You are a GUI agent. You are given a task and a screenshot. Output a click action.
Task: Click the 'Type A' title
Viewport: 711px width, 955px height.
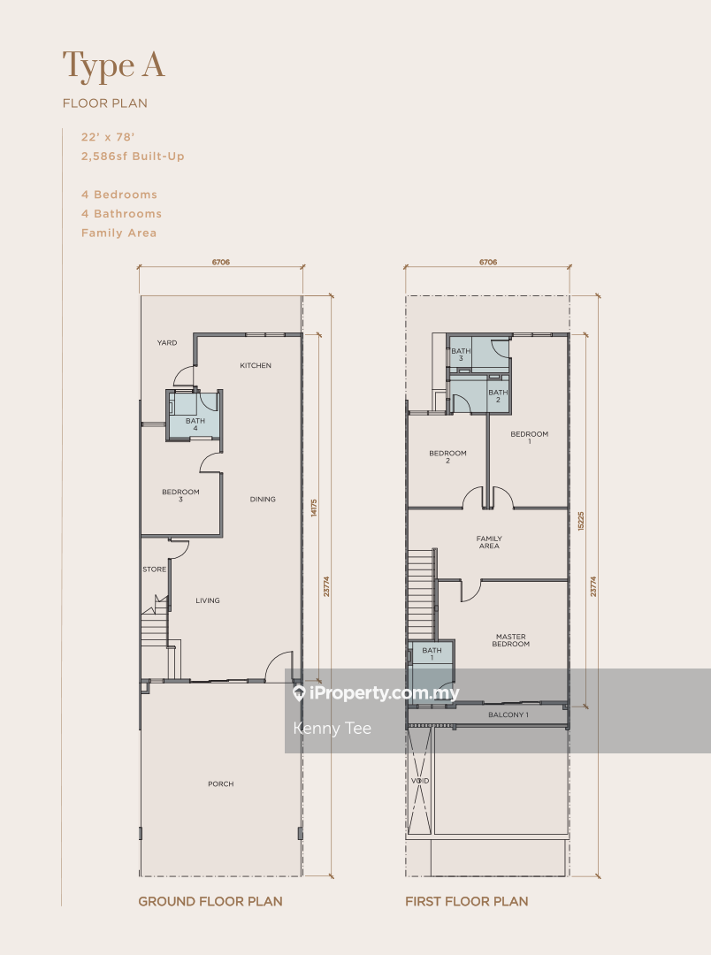[114, 66]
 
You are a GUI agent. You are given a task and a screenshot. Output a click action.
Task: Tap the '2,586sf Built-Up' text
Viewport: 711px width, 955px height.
[133, 156]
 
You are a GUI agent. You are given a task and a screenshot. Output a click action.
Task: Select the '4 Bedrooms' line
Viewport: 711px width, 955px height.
[119, 195]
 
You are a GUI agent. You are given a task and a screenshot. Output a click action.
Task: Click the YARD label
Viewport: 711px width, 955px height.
[167, 343]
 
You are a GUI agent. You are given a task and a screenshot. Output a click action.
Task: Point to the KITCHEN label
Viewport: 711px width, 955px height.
[256, 365]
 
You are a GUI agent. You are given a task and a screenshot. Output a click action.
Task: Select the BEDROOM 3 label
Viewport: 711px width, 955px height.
[180, 495]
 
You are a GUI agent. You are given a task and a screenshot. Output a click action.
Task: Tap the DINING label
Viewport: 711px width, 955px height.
[263, 500]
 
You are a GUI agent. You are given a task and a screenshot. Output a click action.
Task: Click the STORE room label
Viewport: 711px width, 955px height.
[154, 569]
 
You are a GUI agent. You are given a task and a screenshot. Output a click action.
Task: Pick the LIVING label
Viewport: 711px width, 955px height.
[208, 600]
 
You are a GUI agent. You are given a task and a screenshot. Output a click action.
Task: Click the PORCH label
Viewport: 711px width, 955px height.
[220, 783]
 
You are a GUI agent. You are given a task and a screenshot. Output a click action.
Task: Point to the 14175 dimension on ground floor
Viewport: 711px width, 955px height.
[314, 508]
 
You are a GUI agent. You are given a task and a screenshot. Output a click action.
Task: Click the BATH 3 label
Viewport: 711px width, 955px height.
[461, 355]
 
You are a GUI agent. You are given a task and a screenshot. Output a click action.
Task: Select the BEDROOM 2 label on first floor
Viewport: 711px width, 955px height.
[447, 457]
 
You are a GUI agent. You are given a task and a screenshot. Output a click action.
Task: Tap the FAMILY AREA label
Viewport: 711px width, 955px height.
[489, 542]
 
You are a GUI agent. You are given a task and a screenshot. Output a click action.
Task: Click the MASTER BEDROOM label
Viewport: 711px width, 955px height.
[510, 640]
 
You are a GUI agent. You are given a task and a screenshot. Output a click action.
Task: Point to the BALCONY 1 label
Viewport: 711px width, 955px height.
[508, 715]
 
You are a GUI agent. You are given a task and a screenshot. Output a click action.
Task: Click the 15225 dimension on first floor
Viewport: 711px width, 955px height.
[581, 521]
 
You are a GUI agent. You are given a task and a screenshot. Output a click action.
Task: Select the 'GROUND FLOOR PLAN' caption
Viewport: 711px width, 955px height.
[210, 901]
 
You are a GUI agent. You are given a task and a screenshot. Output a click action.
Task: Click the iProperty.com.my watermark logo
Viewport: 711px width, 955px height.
[376, 693]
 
